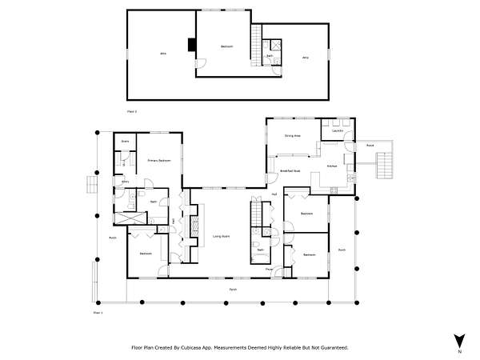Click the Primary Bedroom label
[159, 161]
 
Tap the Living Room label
[222, 236]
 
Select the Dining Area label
[292, 136]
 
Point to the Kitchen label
[332, 166]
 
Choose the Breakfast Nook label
[290, 170]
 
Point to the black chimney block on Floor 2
[191, 45]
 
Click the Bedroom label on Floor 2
[226, 47]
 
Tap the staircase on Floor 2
[256, 44]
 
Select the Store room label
[125, 142]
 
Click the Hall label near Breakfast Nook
[274, 194]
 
